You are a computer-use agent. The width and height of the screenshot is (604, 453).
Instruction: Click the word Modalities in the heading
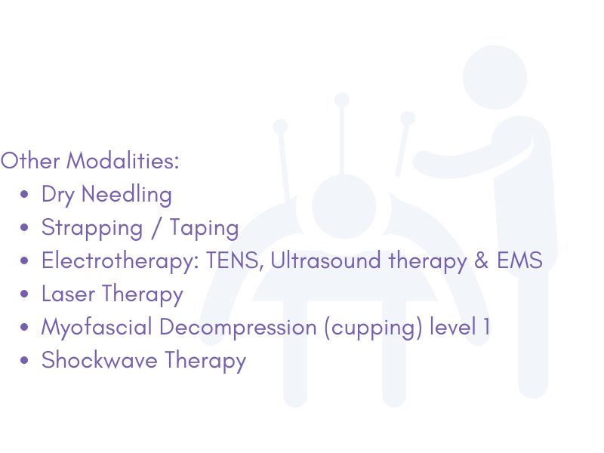(x=123, y=161)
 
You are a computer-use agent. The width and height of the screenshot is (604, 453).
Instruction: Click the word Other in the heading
(x=30, y=161)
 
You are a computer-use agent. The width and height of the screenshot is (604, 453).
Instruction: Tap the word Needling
(x=126, y=195)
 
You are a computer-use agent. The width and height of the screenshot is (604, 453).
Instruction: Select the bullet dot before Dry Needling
(x=24, y=194)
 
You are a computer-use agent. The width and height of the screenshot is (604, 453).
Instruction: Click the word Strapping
(x=92, y=228)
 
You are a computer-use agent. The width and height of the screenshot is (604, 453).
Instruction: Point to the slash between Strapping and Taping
(x=156, y=228)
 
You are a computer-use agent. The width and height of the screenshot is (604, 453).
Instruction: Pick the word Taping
(x=204, y=228)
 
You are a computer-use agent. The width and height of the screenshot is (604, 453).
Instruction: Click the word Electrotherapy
(x=120, y=261)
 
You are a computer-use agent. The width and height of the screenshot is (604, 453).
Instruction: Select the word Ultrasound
(x=325, y=260)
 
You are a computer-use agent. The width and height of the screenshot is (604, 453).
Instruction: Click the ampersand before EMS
(x=481, y=260)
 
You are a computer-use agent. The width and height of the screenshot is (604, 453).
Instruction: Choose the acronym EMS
(x=519, y=260)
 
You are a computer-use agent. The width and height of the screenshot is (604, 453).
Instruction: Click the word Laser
(x=68, y=294)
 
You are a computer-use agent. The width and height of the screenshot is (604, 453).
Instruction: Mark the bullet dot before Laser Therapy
(x=24, y=294)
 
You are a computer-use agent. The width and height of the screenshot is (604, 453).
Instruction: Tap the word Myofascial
(x=97, y=328)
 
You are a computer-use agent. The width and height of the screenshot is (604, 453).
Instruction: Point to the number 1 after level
(x=486, y=328)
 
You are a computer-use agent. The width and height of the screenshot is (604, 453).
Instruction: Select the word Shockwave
(x=100, y=361)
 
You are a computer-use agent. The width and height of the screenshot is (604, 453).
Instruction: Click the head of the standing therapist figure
(x=495, y=77)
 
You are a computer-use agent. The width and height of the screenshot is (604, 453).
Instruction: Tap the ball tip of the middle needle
(x=342, y=100)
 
